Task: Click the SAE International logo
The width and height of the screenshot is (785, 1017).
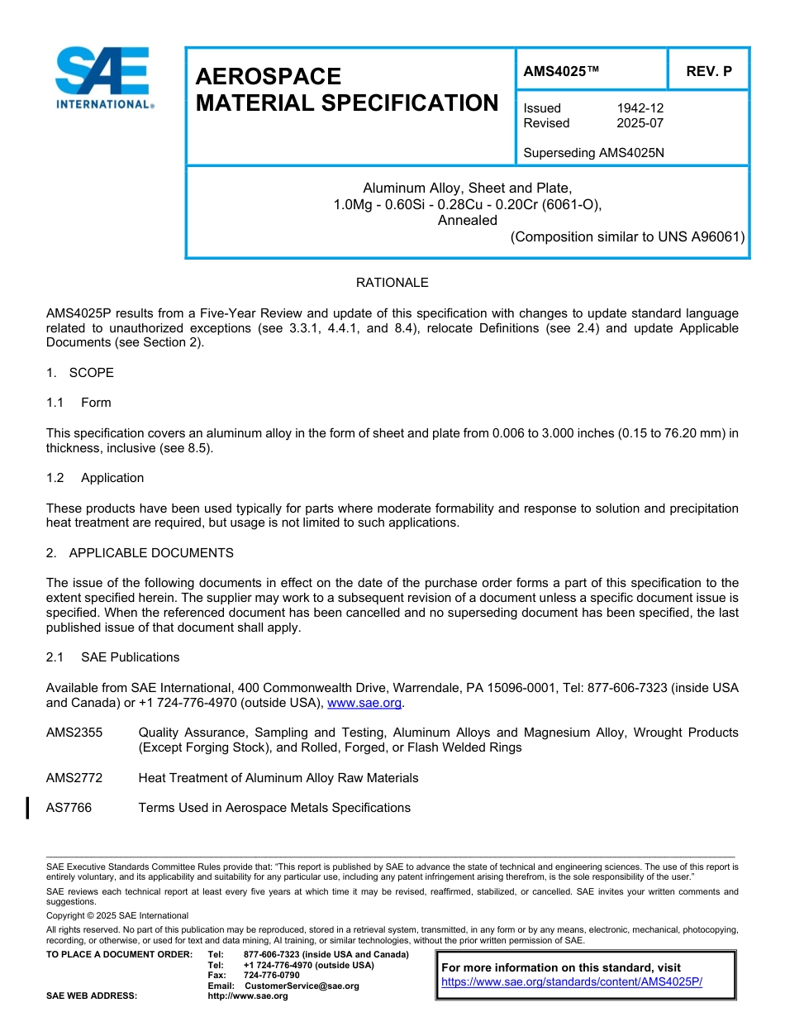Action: tap(103, 79)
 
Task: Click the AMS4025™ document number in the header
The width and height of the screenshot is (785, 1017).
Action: tap(560, 71)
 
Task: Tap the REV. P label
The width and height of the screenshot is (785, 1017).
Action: tap(709, 71)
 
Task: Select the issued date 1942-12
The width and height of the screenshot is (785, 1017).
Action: tap(640, 108)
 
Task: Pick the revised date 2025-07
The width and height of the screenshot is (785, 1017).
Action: tap(640, 123)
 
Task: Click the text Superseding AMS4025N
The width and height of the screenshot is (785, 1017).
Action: tap(593, 153)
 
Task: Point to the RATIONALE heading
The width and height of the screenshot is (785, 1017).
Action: tap(392, 283)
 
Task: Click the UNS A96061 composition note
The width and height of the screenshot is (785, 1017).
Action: tap(627, 237)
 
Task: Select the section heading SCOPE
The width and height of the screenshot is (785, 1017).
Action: tap(91, 373)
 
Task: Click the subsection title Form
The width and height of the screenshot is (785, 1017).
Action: tap(96, 403)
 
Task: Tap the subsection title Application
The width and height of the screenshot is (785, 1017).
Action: tap(112, 478)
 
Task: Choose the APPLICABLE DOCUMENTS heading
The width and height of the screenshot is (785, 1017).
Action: tap(151, 553)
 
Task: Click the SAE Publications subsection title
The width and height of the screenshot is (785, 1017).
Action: tap(130, 657)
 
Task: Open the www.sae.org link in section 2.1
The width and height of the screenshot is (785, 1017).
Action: tap(364, 703)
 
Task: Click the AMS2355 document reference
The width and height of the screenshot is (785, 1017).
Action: tap(69, 733)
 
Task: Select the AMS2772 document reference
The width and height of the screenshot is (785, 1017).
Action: tap(69, 778)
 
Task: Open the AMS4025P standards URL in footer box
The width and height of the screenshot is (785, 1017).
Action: tap(571, 982)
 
